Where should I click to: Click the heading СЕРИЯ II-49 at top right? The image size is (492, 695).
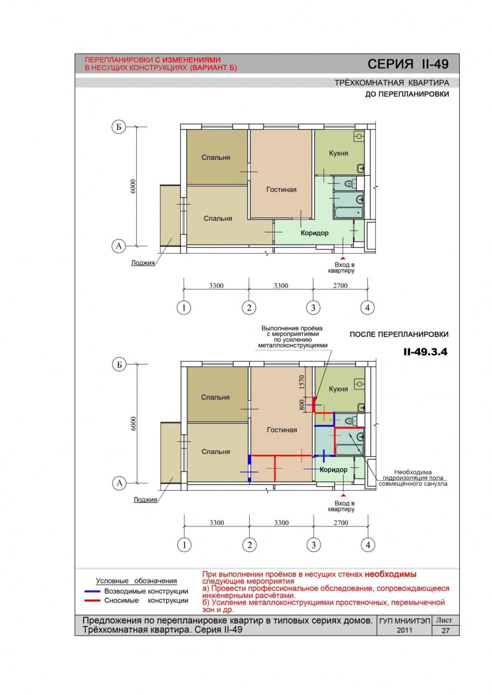408,64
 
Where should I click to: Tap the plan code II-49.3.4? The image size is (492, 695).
425,352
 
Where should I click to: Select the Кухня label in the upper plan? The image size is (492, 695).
338,153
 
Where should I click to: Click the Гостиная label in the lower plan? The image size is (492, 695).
282,430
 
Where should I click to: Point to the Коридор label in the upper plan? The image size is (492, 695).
314,233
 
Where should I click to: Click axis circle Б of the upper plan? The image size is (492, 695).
118,127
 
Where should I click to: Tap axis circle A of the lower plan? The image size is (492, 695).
119,483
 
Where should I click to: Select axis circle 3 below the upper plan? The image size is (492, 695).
313,308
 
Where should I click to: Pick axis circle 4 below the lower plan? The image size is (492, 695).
368,544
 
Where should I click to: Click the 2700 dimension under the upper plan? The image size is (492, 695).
340,286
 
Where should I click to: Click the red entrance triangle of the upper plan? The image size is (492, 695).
343,258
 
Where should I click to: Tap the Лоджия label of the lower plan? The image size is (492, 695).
145,500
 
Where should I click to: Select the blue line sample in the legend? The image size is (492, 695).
92,591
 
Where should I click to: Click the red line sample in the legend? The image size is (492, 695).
92,600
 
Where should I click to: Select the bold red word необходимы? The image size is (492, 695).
390,574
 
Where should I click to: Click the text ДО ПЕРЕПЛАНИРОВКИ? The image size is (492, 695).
407,94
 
